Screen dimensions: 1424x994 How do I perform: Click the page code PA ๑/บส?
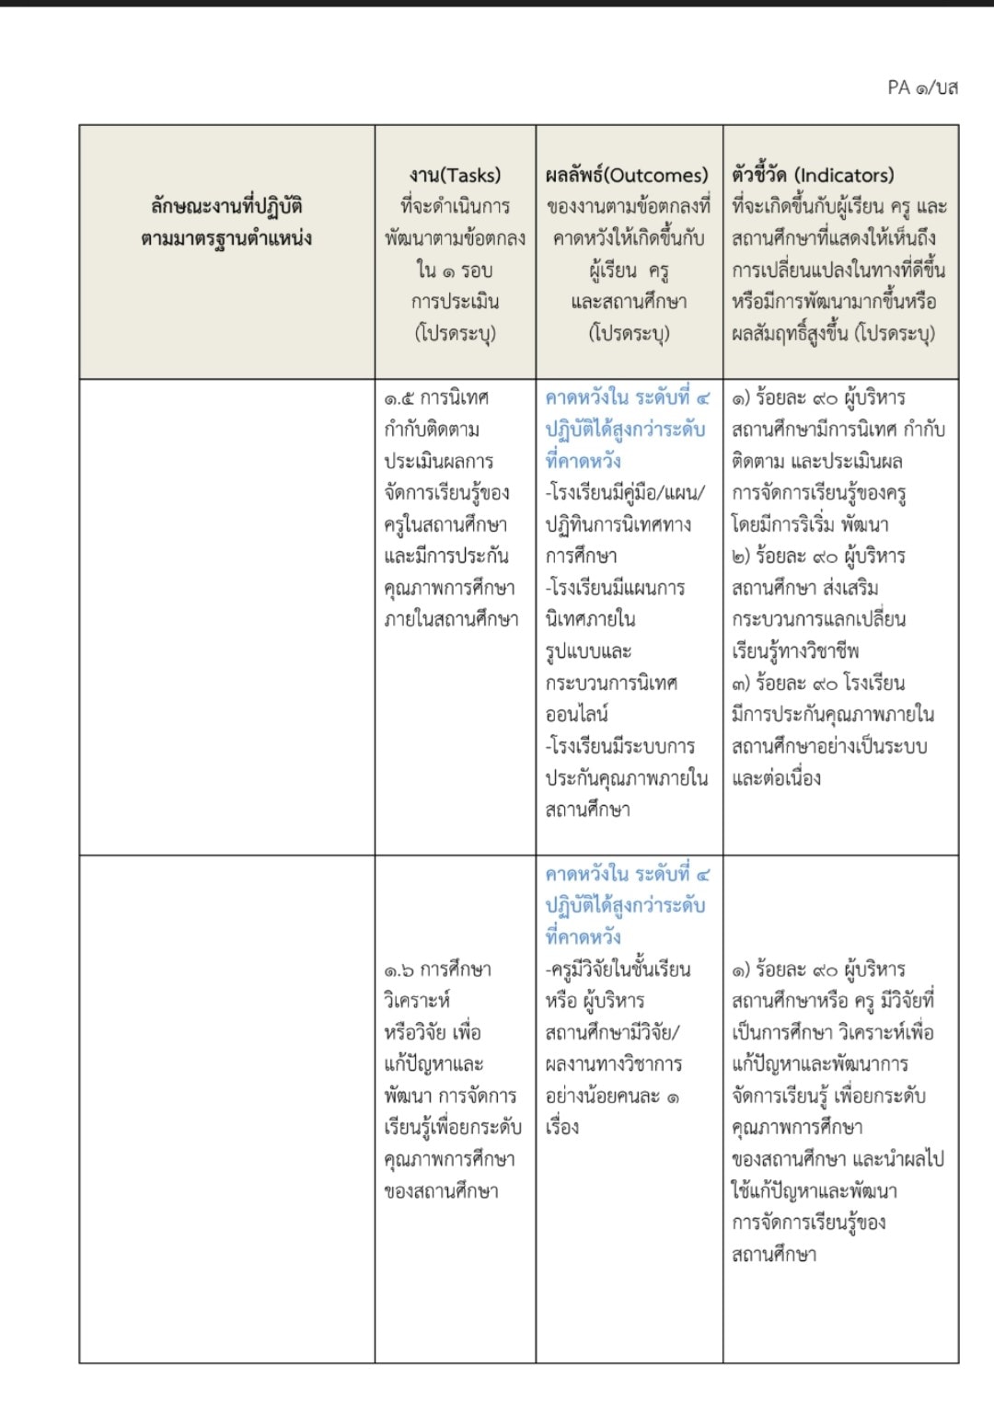(x=922, y=87)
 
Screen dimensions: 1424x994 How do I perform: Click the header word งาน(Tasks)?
(x=455, y=175)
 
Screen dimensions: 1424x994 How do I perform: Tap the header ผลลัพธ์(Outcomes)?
(x=627, y=175)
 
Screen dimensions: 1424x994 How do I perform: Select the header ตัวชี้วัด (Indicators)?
(x=813, y=175)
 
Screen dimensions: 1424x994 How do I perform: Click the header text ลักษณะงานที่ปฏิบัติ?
(x=226, y=206)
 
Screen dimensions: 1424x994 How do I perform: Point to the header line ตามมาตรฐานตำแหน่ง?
(x=226, y=238)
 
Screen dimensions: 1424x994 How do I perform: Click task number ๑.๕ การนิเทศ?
(x=436, y=398)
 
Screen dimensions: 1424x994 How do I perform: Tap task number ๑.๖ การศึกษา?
(x=437, y=970)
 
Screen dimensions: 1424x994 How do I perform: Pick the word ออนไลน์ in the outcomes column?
(x=577, y=714)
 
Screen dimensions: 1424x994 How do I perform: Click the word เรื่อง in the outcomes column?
(x=562, y=1127)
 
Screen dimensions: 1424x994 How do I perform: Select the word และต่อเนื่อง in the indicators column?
(x=776, y=778)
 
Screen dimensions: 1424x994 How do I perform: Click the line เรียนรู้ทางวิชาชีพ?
(x=795, y=651)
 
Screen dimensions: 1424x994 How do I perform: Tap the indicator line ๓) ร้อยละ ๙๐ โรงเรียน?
(x=818, y=683)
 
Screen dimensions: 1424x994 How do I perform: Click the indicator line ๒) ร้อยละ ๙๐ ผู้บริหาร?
(x=818, y=556)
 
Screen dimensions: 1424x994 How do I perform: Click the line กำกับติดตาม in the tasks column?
(x=432, y=430)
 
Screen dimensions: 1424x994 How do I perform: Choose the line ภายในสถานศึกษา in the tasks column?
(x=451, y=619)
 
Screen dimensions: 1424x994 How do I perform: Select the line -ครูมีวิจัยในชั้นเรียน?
(x=618, y=969)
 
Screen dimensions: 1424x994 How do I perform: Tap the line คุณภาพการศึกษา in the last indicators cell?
(x=797, y=1127)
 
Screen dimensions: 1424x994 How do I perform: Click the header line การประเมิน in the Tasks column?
(x=455, y=302)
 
